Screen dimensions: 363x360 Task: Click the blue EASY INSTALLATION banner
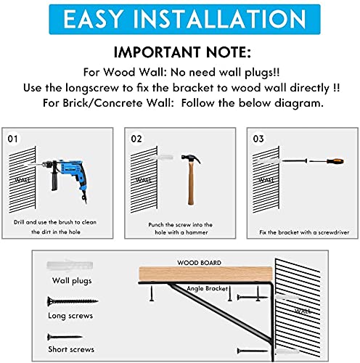pos(179,20)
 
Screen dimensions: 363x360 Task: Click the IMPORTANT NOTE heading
pos(179,54)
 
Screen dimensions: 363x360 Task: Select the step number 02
pos(136,136)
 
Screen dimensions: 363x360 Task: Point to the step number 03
pos(258,136)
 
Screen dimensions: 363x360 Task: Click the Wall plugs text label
pos(70,280)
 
